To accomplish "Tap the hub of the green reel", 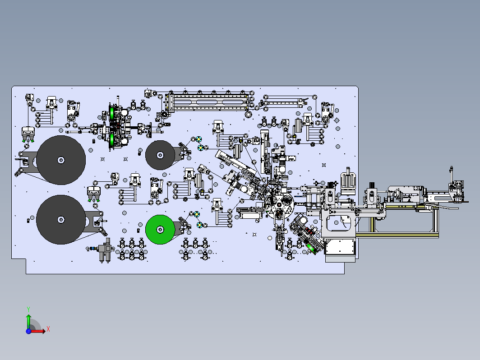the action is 160,229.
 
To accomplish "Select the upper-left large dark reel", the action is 61,160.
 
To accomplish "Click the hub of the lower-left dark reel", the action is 61,220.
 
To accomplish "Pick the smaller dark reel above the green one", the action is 160,155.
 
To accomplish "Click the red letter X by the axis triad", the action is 48,329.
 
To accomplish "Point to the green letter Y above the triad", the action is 28,309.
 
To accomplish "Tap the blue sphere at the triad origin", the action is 28,331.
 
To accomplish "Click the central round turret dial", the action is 280,204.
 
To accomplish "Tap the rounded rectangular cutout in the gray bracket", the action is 339,223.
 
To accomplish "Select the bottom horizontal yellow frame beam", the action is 397,235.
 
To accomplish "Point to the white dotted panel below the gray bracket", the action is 340,247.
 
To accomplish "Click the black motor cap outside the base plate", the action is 372,185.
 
